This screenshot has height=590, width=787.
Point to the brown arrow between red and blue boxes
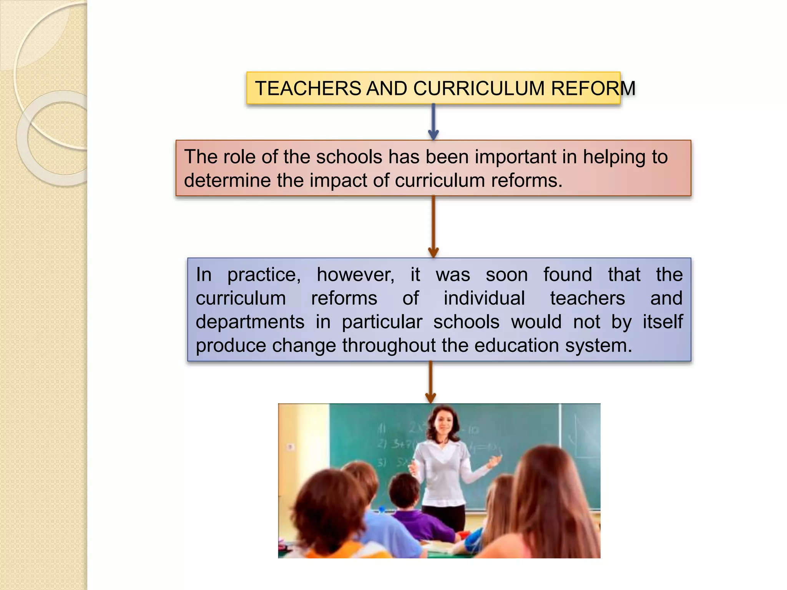[433, 227]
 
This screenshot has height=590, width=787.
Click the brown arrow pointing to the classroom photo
[430, 382]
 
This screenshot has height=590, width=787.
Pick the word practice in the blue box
[264, 275]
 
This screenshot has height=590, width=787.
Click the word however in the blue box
[355, 275]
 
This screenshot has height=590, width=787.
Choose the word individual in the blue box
[484, 298]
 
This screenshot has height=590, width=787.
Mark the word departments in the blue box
[250, 322]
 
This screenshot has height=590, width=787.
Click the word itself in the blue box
[662, 322]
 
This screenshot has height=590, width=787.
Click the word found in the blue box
[568, 275]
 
